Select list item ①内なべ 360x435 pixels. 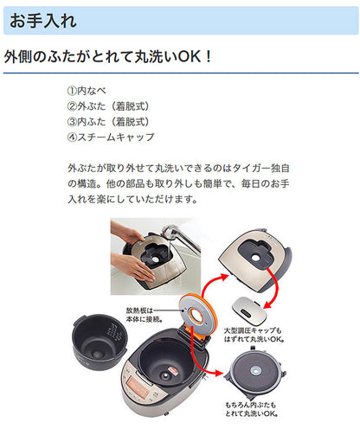pyautogui.click(x=90, y=91)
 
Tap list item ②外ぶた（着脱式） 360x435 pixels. pyautogui.click(x=107, y=106)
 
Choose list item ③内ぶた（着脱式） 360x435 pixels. pyautogui.click(x=107, y=122)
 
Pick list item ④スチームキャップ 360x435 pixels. pyautogui.click(x=110, y=138)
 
